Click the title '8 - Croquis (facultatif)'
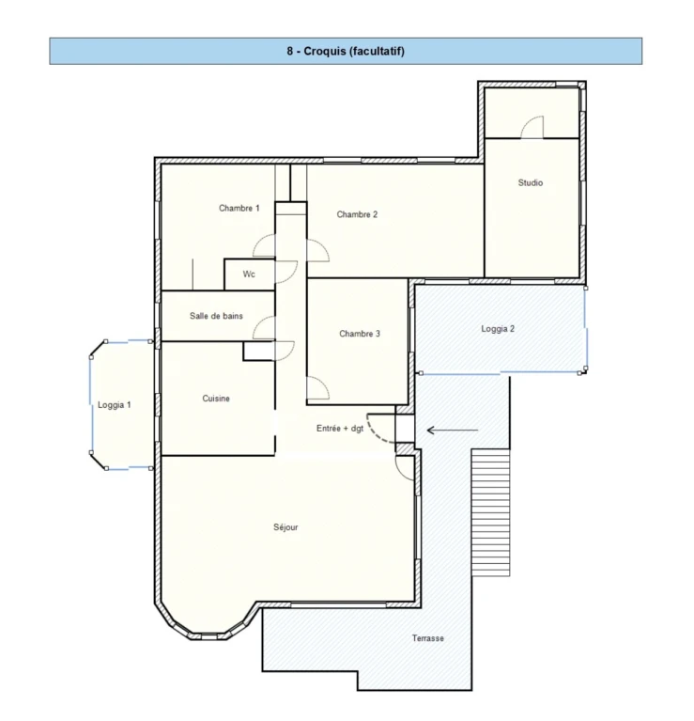click(346, 51)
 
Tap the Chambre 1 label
click(239, 209)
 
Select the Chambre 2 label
click(357, 214)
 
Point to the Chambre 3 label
click(360, 334)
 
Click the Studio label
click(531, 182)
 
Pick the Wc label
click(249, 274)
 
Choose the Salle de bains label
click(216, 316)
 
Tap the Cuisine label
click(216, 399)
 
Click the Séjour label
click(285, 527)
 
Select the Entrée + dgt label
click(340, 428)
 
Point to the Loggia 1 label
click(115, 405)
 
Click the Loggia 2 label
click(498, 329)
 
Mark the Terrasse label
click(428, 638)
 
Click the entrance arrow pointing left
click(453, 431)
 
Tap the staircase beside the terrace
click(490, 512)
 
